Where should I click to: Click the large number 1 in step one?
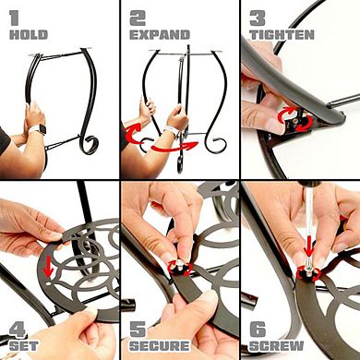pos(15,18)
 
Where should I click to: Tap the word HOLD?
pos(29,34)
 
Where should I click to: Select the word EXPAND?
pos(160,35)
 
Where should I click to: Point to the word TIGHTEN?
pos(282,34)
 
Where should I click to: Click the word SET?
pos(24,345)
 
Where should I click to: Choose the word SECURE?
pos(160,346)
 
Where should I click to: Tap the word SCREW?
pos(276,346)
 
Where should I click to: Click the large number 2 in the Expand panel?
pos(138,18)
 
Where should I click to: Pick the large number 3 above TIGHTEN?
pos(258,18)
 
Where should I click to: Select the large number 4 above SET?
pos(18,330)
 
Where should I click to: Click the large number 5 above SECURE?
pos(138,330)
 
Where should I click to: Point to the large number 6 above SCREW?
pos(258,330)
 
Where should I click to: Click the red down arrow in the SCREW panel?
pos(309,248)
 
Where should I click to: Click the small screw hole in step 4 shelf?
pos(50,284)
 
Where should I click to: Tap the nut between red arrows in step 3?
pos(294,122)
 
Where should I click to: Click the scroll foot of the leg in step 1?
pos(89,145)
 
